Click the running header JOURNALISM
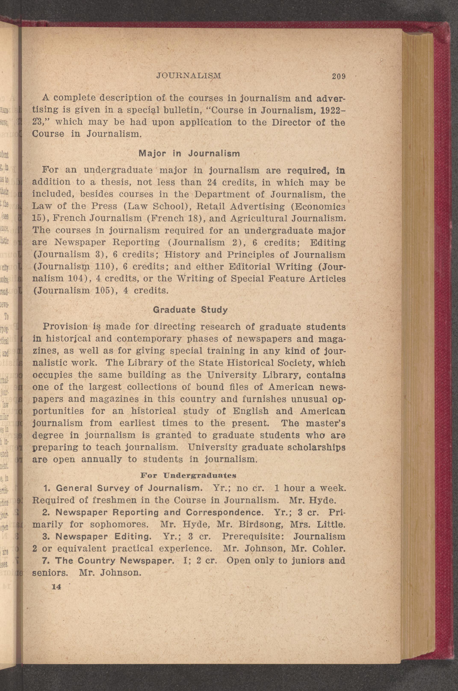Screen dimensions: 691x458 coord(189,76)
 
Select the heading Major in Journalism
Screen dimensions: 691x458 coord(189,154)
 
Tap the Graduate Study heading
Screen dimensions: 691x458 coord(190,310)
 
